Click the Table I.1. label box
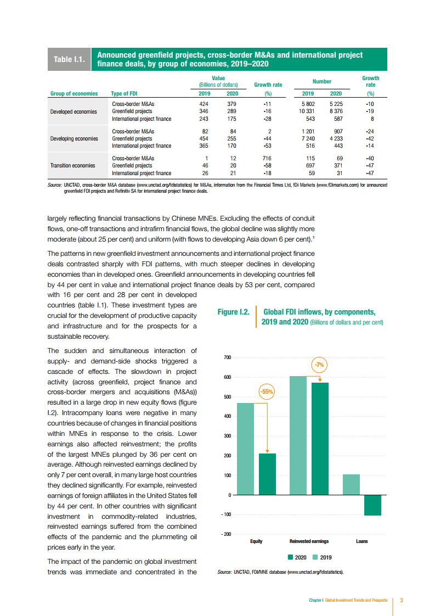click(70, 59)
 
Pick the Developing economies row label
click(74, 138)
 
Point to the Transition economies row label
click(72, 165)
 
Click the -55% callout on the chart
click(266, 392)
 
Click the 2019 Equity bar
click(245, 449)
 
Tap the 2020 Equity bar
click(267, 474)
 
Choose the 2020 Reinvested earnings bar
click(320, 439)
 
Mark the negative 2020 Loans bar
click(372, 505)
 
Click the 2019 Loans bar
click(351, 484)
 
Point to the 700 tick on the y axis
click(227, 357)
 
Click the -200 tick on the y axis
click(225, 534)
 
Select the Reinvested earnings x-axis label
click(309, 541)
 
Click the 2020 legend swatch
click(290, 557)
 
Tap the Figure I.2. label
click(234, 312)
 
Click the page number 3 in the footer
click(402, 600)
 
